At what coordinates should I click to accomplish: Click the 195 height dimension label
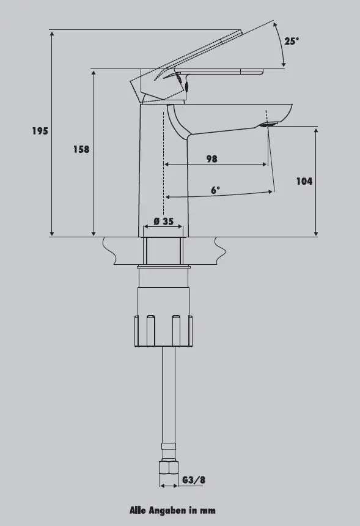coord(40,131)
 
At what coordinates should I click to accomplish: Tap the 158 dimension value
coord(81,149)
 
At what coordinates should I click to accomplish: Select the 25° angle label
coord(292,41)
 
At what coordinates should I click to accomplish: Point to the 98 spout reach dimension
coord(212,158)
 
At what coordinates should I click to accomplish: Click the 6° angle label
coord(216,190)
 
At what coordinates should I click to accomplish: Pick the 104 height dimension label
coord(304,181)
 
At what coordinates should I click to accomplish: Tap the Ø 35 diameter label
coord(164,221)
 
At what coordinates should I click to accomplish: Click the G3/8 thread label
coord(194,480)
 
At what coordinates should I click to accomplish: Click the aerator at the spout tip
coord(268,125)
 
